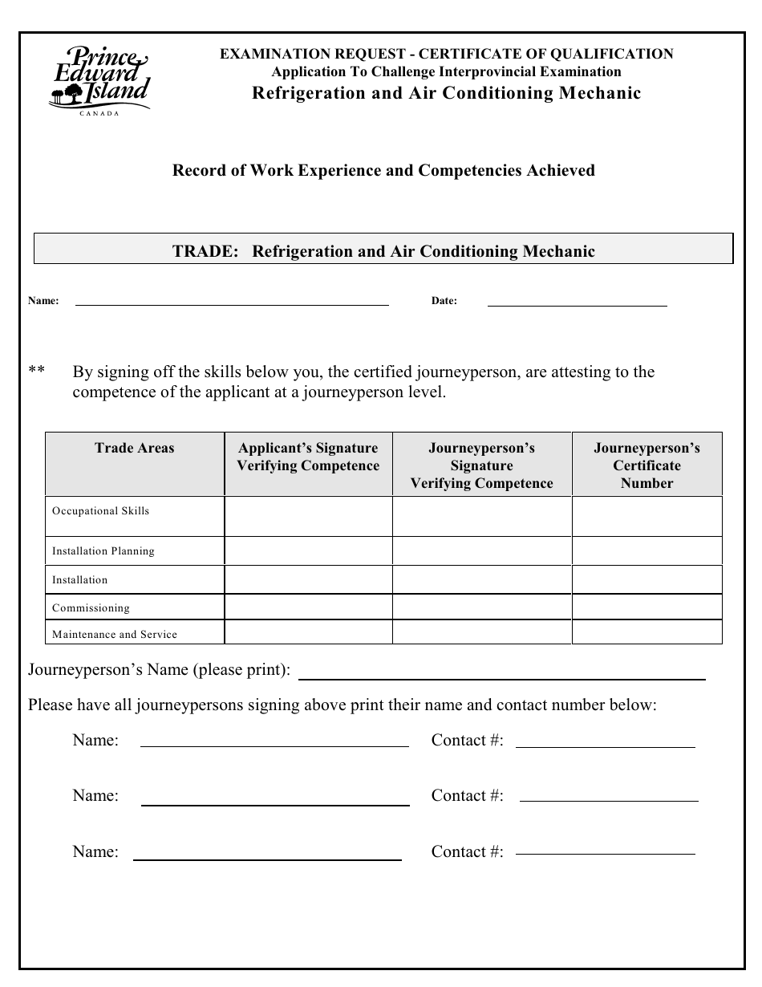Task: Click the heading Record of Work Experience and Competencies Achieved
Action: [383, 170]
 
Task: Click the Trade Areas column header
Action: [134, 449]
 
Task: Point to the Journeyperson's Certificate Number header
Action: [646, 465]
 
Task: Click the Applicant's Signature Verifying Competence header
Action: [308, 457]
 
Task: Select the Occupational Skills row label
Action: [101, 511]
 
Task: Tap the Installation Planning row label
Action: [103, 551]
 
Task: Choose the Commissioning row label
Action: [91, 608]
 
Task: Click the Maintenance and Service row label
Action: [115, 635]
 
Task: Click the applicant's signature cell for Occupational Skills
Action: [308, 516]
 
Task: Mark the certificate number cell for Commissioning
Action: [646, 607]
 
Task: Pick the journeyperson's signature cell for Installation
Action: [481, 579]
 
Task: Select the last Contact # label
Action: [468, 852]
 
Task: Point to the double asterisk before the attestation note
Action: [36, 372]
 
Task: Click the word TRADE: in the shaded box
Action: [205, 251]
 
